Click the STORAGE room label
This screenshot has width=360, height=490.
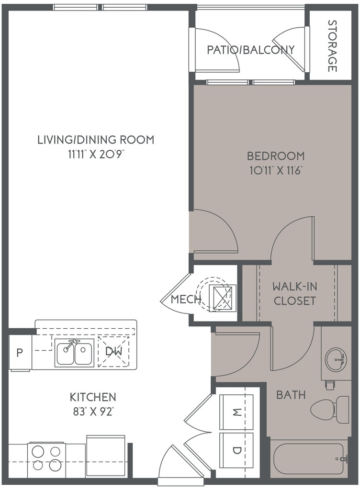(332, 46)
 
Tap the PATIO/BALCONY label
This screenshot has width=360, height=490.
(251, 50)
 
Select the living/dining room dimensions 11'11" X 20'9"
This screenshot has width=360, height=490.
(96, 154)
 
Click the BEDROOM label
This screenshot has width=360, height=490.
(276, 156)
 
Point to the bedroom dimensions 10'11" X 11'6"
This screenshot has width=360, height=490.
(276, 171)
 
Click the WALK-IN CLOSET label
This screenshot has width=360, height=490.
(294, 293)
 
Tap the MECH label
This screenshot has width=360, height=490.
(186, 300)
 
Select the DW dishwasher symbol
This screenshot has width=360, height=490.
(113, 351)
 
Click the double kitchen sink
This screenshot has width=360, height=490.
(74, 353)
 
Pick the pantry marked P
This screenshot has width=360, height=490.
(20, 353)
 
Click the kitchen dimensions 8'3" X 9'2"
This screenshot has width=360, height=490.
(93, 412)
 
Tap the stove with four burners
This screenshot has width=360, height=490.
(47, 460)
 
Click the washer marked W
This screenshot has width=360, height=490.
(236, 412)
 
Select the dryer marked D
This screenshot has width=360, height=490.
(236, 450)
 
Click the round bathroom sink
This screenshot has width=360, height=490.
(335, 359)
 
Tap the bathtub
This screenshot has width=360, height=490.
(308, 459)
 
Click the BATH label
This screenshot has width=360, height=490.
(291, 395)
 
